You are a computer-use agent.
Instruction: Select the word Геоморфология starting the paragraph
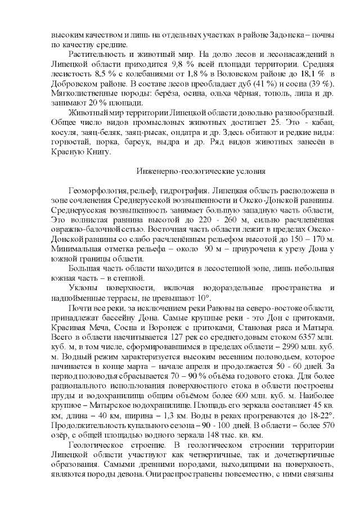(94, 192)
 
